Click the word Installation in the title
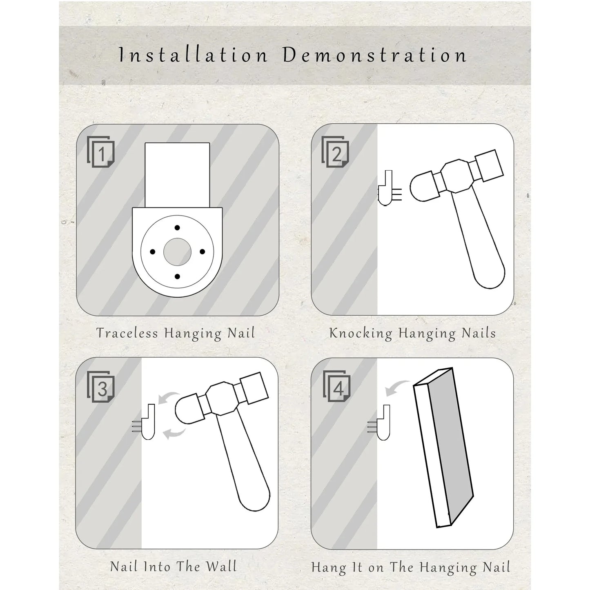coord(193,55)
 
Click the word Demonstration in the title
coord(375,55)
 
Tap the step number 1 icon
coord(101,152)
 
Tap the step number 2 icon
coord(335,152)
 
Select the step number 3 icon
coord(101,387)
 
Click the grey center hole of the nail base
coord(177,252)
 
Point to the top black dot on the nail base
coord(177,228)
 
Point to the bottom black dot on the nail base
coord(177,276)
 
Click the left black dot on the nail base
coord(152,252)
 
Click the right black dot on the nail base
coord(202,252)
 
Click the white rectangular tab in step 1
coord(177,175)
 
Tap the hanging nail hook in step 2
coord(385,188)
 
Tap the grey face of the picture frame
coord(451,447)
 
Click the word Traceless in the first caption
coord(127,333)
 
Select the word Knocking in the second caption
coord(361,333)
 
